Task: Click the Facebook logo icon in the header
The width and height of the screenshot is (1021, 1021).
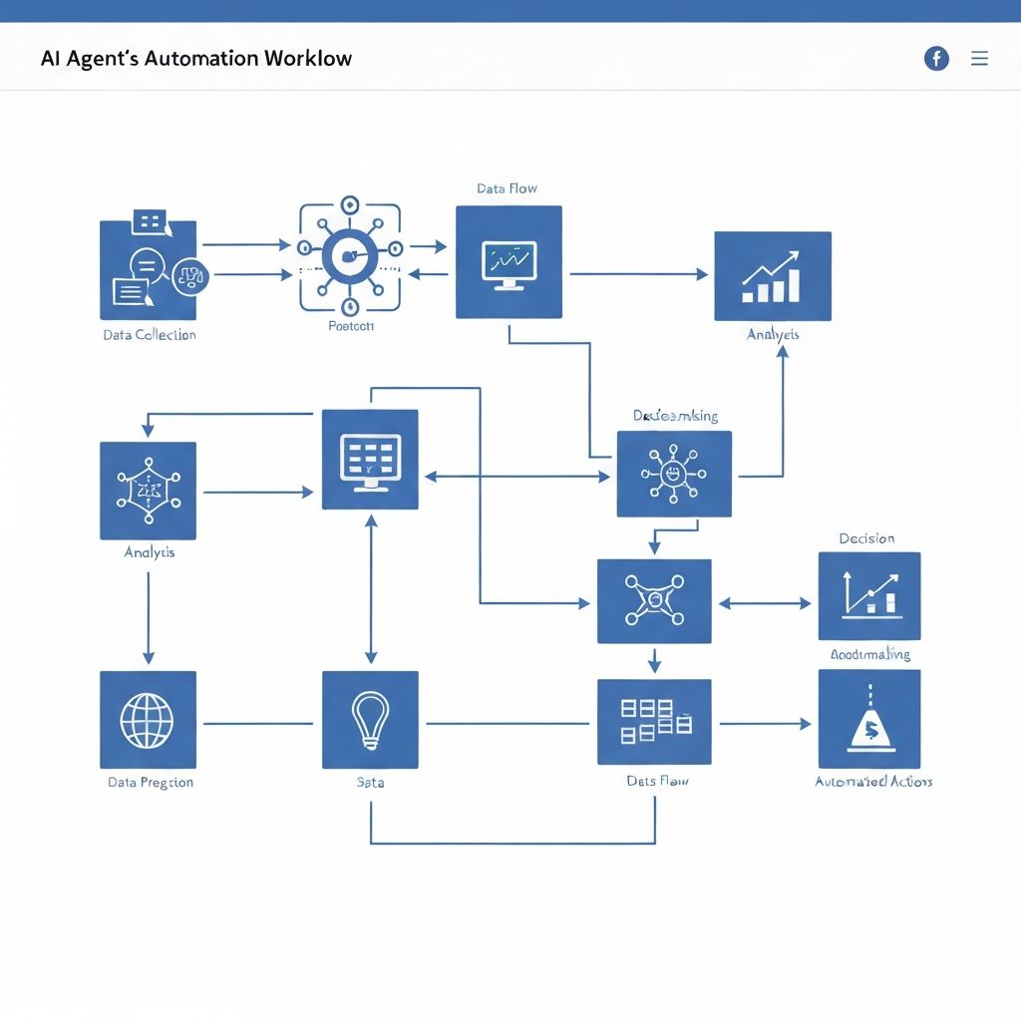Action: click(936, 59)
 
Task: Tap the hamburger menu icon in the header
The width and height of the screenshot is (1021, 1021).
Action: click(979, 59)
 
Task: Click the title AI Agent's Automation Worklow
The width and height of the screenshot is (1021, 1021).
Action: click(196, 58)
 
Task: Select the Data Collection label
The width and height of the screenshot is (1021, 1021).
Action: click(150, 335)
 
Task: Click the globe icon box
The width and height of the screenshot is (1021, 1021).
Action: click(148, 719)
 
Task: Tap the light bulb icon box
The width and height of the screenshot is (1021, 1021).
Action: click(370, 719)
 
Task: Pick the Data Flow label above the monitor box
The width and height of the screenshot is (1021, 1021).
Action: click(507, 188)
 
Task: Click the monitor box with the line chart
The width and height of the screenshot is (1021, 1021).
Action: click(509, 262)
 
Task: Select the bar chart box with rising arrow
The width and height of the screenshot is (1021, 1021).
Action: click(773, 276)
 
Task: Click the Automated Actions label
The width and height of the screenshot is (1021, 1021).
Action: click(873, 782)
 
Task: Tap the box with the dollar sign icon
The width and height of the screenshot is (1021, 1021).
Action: click(869, 719)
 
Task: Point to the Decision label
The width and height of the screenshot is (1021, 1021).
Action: click(866, 538)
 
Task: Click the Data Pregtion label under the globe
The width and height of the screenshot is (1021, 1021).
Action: click(151, 783)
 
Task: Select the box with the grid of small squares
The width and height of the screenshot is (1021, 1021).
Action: click(654, 721)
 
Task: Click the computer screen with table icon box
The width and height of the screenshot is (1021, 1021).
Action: click(370, 460)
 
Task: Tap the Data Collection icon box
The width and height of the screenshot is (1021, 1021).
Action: click(149, 269)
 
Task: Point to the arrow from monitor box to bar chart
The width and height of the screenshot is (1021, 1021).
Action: click(638, 274)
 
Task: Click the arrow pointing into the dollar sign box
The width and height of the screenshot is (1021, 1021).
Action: click(765, 724)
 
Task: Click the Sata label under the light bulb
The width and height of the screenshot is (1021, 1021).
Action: click(370, 783)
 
